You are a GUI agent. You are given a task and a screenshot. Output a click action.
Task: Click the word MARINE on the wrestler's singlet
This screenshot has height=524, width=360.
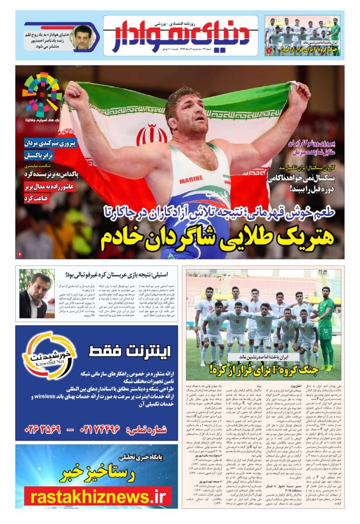point(190,180)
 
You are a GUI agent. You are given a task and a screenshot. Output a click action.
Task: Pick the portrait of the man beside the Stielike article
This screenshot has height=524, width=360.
point(36,294)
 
